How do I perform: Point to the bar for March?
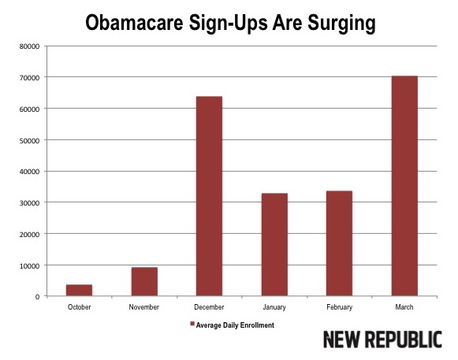[404, 186]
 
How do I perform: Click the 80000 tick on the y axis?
[29, 46]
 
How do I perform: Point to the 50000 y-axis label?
[29, 140]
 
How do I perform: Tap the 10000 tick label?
[29, 265]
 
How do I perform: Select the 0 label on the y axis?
[37, 296]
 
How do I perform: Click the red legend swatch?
[192, 324]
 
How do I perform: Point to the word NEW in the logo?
[344, 340]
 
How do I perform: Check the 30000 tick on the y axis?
[29, 202]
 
